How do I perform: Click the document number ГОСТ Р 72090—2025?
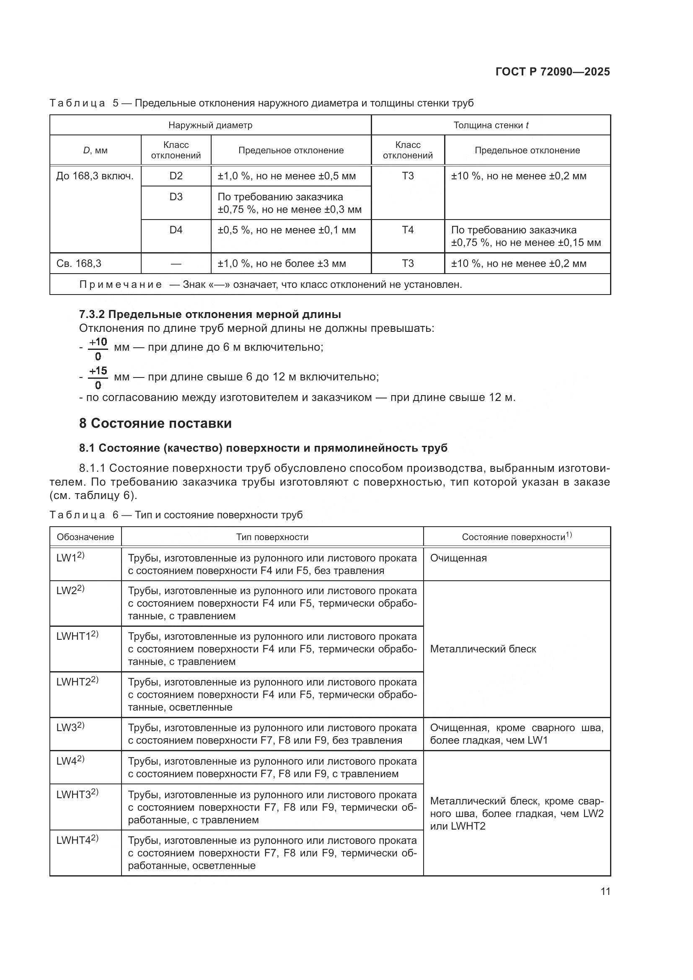click(x=553, y=72)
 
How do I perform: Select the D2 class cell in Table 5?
click(x=176, y=176)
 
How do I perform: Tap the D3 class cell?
click(x=176, y=197)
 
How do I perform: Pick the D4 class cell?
click(x=176, y=230)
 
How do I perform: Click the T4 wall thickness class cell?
click(x=408, y=230)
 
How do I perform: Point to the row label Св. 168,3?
click(x=79, y=264)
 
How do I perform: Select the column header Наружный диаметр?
click(x=210, y=125)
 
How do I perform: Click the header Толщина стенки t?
click(x=491, y=125)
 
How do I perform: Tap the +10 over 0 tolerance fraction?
click(x=98, y=349)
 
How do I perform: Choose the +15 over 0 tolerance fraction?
click(x=98, y=378)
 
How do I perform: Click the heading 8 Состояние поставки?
click(x=155, y=423)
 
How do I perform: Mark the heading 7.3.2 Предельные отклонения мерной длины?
click(x=210, y=315)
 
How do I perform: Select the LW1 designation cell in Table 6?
click(x=70, y=558)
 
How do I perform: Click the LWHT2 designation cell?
click(x=77, y=682)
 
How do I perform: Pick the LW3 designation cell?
click(x=70, y=728)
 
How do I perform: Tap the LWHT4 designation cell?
click(x=77, y=840)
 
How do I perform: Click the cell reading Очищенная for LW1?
click(x=458, y=558)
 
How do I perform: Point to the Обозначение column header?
click(x=85, y=537)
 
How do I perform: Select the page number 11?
click(x=605, y=892)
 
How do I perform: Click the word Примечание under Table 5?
click(x=120, y=284)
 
